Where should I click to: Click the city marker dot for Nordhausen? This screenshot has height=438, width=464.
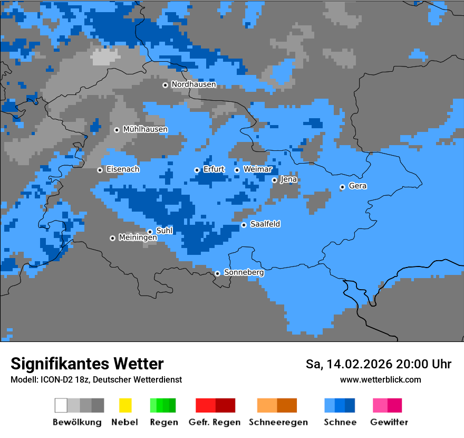tap(165, 85)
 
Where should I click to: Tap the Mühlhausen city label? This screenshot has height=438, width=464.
tap(145, 129)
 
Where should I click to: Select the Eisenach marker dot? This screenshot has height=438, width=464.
tap(100, 170)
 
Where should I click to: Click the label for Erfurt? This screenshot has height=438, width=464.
tap(214, 169)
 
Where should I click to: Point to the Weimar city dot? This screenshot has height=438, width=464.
tap(237, 170)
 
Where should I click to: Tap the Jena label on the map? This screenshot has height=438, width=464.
tap(288, 179)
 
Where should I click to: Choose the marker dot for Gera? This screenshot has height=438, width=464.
tap(342, 187)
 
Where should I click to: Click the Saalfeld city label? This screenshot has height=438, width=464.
tap(265, 224)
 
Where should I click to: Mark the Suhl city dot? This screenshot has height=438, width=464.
tap(150, 232)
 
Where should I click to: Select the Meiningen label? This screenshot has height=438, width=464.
tap(138, 238)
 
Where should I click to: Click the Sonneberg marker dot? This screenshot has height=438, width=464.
tap(217, 273)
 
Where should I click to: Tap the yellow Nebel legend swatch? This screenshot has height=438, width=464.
tap(125, 405)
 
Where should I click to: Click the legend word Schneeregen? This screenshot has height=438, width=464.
tap(278, 422)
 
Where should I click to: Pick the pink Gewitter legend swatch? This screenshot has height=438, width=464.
tap(380, 405)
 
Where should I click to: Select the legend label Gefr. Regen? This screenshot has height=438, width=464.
tap(215, 422)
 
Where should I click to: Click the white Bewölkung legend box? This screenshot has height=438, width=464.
tap(61, 405)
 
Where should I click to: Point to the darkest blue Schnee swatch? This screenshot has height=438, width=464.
tap(350, 405)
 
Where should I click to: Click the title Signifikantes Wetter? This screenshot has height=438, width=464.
tap(87, 364)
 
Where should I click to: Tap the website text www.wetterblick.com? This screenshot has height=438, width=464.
tap(380, 379)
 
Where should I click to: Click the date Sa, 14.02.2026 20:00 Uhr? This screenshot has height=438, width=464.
tap(379, 364)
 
